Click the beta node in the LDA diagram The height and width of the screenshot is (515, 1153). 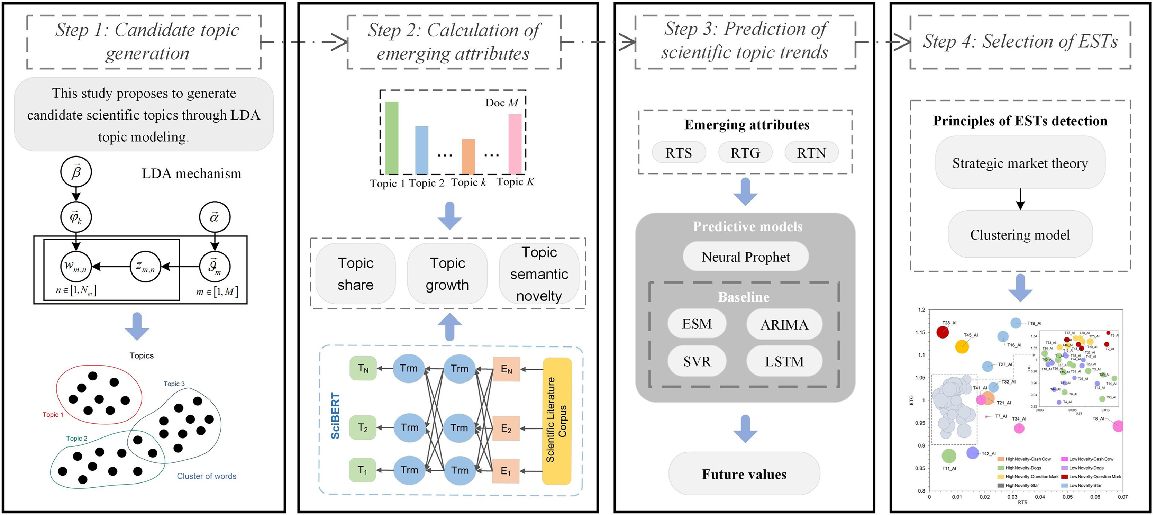tap(76, 172)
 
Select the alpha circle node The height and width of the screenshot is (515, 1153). tap(214, 217)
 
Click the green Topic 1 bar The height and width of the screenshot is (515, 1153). tap(392, 138)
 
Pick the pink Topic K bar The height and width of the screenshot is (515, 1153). tap(515, 144)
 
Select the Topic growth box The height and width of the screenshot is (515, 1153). tap(447, 274)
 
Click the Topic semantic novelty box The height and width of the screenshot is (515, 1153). tap(539, 274)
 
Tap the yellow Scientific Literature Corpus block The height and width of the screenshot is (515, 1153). tap(557, 421)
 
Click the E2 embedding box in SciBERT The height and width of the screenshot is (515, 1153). tap(506, 429)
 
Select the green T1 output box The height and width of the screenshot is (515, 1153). tap(363, 470)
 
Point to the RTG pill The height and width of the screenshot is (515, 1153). tap(745, 153)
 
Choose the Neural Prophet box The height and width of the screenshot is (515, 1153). tap(746, 257)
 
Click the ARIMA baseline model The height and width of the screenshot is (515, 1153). tap(784, 324)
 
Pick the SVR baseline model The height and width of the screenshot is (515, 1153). tap(697, 361)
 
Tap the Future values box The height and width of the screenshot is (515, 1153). tap(744, 474)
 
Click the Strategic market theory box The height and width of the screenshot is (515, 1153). tap(1020, 163)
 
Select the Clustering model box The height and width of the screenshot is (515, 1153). tap(1020, 235)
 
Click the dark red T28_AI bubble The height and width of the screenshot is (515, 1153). tap(943, 332)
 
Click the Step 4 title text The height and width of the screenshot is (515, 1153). tap(1020, 41)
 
